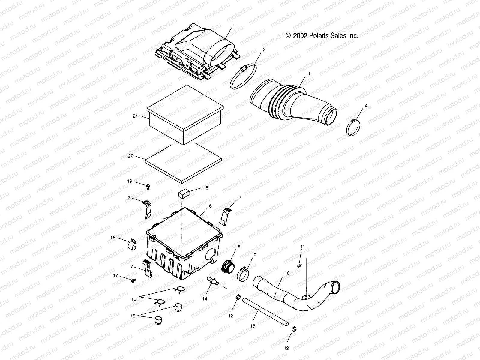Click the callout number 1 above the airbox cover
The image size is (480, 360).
pos(235,26)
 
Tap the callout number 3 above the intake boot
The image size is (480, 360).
pos(300,73)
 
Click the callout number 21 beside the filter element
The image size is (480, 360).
pos(135,116)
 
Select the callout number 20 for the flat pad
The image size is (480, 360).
pos(130,156)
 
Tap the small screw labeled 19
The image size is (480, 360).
pos(147,187)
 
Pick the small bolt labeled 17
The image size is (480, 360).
pos(133,280)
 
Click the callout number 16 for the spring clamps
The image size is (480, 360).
pos(134,299)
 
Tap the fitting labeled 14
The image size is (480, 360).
pos(212,281)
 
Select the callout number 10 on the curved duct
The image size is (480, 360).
pos(287,273)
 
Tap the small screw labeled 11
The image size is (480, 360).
pos(299,265)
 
